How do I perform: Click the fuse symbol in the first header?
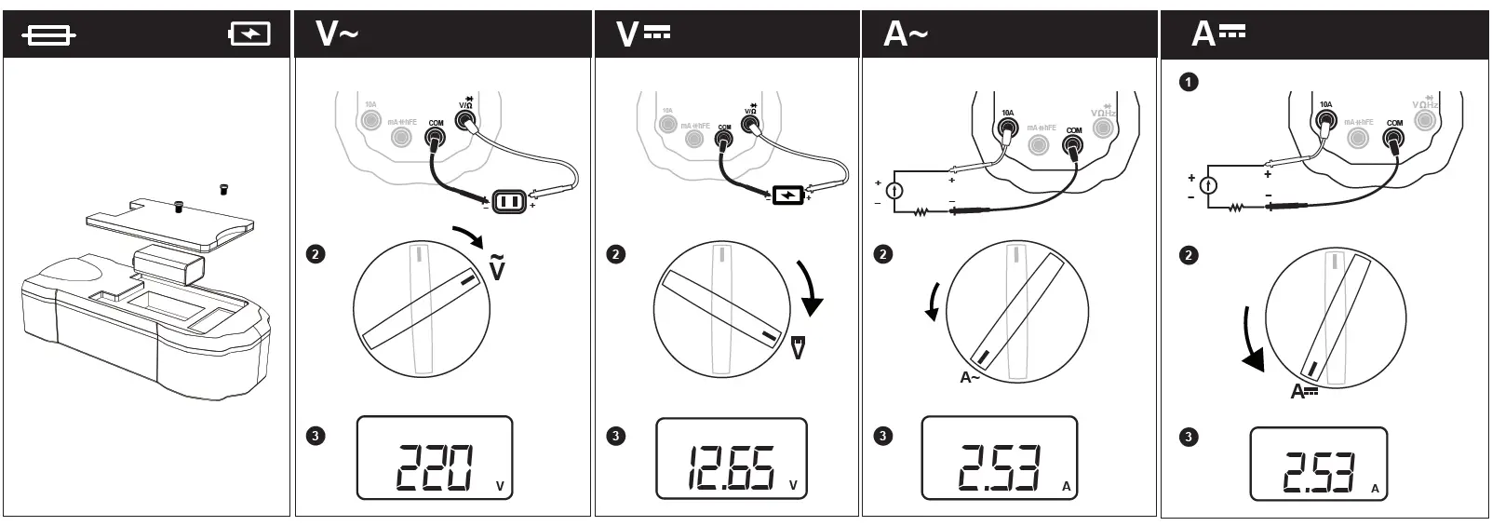[x=48, y=35]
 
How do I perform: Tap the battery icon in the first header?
[x=249, y=34]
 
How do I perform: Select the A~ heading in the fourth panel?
[x=906, y=34]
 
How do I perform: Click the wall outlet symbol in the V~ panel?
[x=510, y=200]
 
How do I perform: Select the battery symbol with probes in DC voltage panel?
[x=787, y=196]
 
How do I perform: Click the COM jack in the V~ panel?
[x=435, y=139]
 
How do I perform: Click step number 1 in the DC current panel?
[x=1189, y=82]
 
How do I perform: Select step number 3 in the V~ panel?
[x=316, y=436]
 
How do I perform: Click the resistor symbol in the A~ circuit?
[x=921, y=212]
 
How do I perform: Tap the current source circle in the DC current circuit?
[x=1207, y=185]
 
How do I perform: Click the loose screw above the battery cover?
[x=222, y=189]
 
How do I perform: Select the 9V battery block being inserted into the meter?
[x=168, y=266]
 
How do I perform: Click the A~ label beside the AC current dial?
[x=970, y=377]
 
